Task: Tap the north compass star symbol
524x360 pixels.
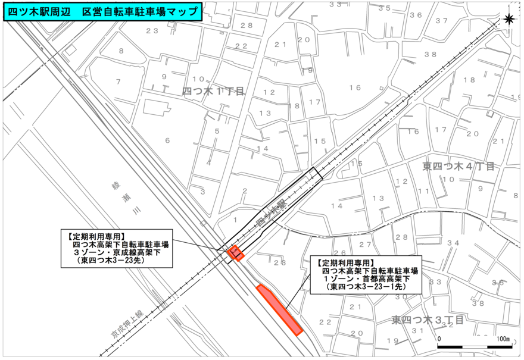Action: [x=509, y=19]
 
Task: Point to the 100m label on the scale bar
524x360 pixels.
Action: [x=504, y=339]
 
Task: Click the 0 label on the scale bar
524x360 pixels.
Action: [x=439, y=339]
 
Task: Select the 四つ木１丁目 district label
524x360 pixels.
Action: [x=213, y=91]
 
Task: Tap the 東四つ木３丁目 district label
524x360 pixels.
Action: [x=427, y=320]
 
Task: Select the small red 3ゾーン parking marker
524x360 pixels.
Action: [x=235, y=253]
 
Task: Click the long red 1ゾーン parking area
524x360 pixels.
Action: [x=280, y=309]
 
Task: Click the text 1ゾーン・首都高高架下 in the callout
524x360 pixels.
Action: [x=367, y=278]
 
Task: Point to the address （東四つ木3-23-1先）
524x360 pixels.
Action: [x=367, y=287]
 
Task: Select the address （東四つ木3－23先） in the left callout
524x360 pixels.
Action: [x=108, y=260]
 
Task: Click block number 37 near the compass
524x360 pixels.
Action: [x=441, y=21]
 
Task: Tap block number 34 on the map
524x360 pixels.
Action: [x=453, y=243]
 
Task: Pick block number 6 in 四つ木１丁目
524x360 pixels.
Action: [x=167, y=140]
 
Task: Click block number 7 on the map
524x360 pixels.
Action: [x=118, y=82]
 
